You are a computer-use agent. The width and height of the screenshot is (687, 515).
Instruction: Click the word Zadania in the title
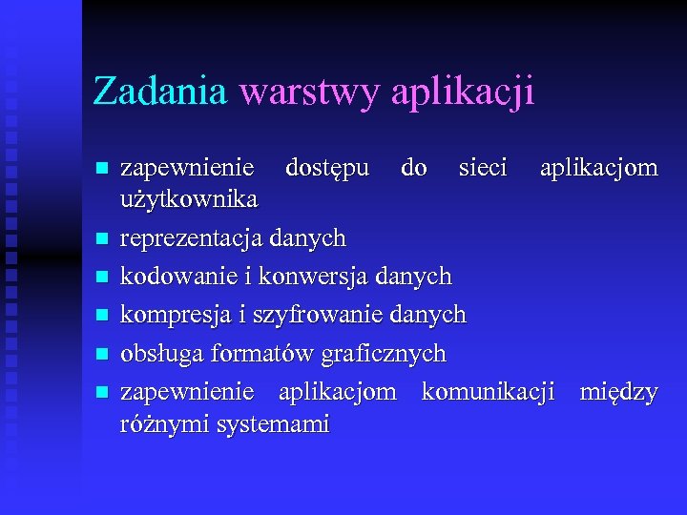(x=159, y=92)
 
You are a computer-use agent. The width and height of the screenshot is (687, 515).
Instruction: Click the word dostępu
(x=327, y=169)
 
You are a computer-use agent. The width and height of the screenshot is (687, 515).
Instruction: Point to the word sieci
(x=483, y=169)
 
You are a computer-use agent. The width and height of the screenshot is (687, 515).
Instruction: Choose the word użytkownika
(x=189, y=199)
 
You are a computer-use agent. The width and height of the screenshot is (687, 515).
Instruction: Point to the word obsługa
(x=163, y=354)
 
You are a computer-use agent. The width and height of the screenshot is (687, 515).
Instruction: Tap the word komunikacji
(x=488, y=392)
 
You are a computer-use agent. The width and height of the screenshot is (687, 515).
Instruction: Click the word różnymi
(x=165, y=423)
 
